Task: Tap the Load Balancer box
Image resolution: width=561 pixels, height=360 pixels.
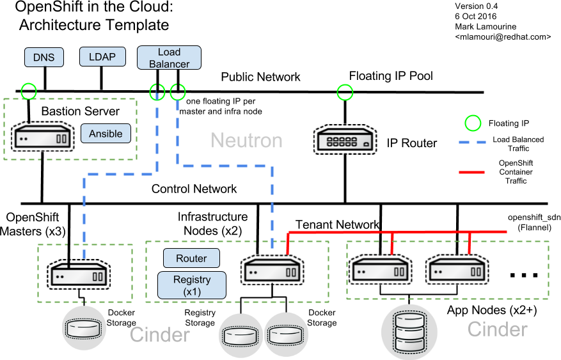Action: [169, 58]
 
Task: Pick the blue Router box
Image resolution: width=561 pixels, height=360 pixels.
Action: [192, 258]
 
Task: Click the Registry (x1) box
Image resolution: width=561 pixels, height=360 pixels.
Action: [192, 285]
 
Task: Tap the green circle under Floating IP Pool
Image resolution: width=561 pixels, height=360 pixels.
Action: [345, 92]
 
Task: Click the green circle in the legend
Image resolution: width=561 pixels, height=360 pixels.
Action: [473, 122]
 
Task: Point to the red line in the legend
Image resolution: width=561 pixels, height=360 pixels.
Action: [475, 172]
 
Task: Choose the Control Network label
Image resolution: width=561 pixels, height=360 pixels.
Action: [194, 189]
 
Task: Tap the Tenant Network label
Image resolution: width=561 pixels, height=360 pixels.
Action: [337, 224]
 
